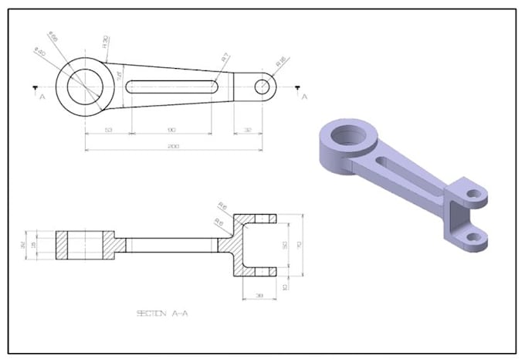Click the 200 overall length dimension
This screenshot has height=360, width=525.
point(169,146)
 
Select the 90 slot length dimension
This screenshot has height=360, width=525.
point(171,130)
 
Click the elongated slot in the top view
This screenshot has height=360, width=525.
point(171,87)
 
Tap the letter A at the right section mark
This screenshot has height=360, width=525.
point(305,97)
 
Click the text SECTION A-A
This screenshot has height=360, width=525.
point(162,313)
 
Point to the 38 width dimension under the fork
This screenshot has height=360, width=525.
point(259,295)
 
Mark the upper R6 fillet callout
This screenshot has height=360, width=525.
point(222,206)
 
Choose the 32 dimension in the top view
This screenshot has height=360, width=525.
point(247,130)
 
